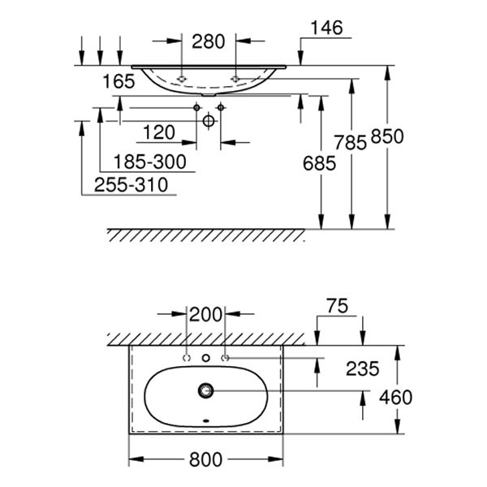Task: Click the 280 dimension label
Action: (x=208, y=41)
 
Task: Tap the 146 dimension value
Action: (x=325, y=28)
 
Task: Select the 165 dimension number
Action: (x=119, y=81)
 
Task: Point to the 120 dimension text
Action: (x=159, y=132)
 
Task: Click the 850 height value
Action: (x=387, y=137)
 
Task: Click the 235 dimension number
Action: (x=362, y=369)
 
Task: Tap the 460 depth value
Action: (x=395, y=398)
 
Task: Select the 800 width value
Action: (x=206, y=460)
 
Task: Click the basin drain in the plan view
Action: (x=205, y=390)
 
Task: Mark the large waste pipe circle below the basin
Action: (x=209, y=121)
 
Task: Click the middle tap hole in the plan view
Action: (x=206, y=358)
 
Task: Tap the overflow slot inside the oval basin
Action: (x=206, y=421)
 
